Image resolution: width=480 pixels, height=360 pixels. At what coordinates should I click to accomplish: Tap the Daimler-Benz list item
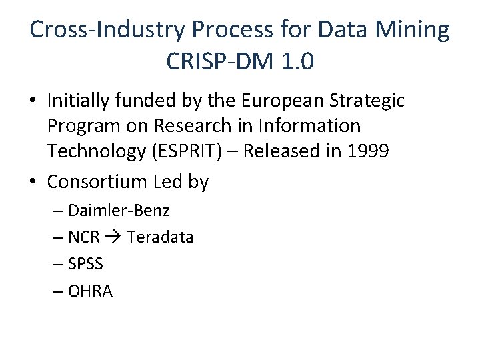coord(119,211)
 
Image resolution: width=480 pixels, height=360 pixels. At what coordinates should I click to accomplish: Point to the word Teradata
coord(160,237)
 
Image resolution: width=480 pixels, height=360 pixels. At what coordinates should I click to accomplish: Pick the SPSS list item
coord(85,264)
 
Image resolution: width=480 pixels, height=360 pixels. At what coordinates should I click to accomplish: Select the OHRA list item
coord(90,291)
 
